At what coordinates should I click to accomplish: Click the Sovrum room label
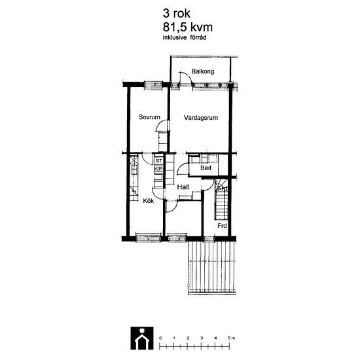click(x=149, y=117)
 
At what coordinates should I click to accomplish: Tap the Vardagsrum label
click(x=201, y=118)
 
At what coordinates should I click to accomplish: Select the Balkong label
click(x=203, y=71)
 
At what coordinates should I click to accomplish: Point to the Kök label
click(x=149, y=201)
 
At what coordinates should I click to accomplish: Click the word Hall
click(x=183, y=187)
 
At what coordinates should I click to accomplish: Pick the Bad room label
click(x=206, y=168)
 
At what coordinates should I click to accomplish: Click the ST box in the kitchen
click(x=158, y=161)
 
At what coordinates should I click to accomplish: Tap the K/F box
click(x=158, y=169)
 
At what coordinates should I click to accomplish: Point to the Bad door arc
click(x=181, y=166)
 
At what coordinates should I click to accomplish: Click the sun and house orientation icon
click(x=142, y=338)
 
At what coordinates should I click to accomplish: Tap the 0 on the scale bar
click(x=160, y=338)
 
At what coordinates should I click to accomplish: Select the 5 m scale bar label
click(x=232, y=338)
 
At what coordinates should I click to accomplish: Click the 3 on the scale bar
click(x=202, y=338)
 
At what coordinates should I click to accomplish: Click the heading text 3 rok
click(x=176, y=13)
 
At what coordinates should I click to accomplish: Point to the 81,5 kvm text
click(x=188, y=27)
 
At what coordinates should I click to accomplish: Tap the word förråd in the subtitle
click(x=198, y=37)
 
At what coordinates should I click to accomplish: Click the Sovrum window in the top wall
click(x=153, y=85)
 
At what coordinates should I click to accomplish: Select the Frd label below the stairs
click(x=222, y=226)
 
